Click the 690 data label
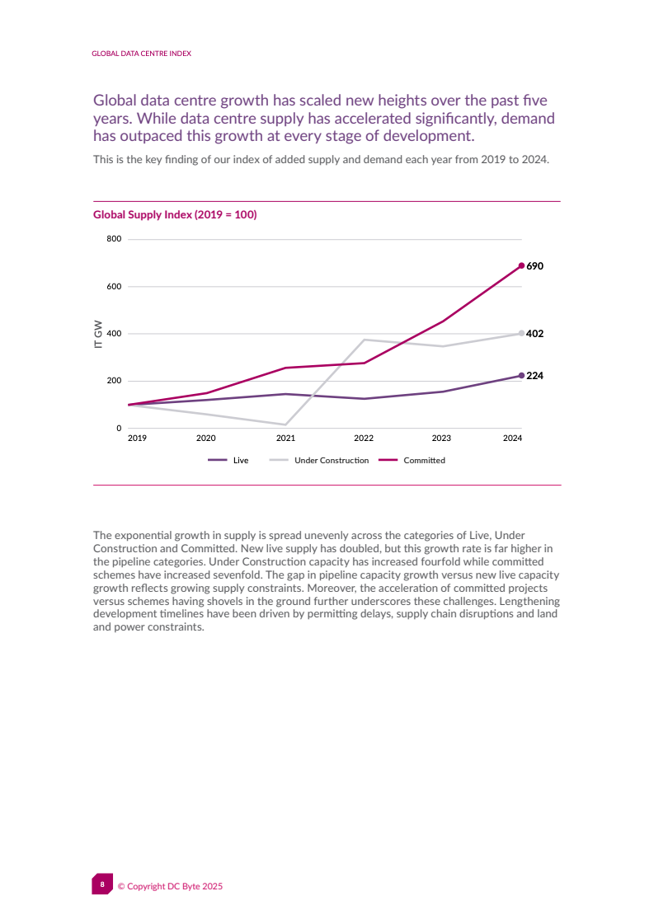pos(534,266)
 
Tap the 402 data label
pos(534,334)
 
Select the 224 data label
pos(534,375)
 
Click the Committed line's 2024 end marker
pos(521,265)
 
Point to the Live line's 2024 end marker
pos(521,375)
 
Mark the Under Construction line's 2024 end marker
pos(521,333)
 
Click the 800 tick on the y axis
pos(113,239)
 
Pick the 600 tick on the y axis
pos(113,287)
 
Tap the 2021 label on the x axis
pos(285,439)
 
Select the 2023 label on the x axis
pos(441,439)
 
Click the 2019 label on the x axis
pos(137,439)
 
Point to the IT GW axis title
pos(98,334)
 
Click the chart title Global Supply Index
pos(175,215)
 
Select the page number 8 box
pos(102,884)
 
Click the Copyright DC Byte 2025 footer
pos(170,886)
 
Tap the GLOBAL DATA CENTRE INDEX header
pos(141,53)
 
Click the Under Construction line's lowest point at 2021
pos(285,424)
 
